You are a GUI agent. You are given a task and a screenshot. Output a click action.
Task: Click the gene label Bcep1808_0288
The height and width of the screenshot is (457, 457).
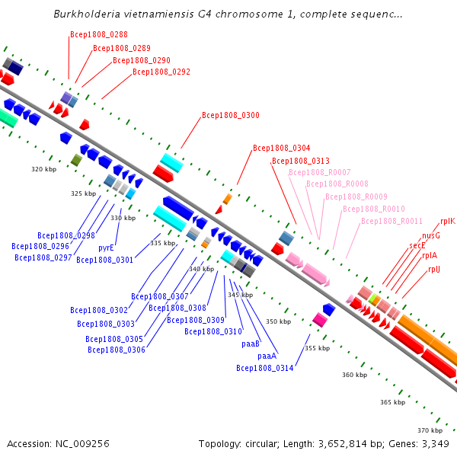pos(99,34)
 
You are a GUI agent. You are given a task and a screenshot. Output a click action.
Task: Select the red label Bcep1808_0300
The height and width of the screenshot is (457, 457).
pos(231,115)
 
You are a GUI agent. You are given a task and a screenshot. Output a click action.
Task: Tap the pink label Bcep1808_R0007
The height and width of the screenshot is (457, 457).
pos(320,172)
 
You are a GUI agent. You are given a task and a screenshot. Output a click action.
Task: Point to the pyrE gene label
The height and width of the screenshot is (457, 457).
pos(106,248)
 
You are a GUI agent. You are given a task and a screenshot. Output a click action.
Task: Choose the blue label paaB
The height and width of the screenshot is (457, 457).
pos(251,344)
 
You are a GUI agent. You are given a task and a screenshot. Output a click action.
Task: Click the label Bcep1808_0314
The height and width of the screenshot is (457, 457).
pos(265,368)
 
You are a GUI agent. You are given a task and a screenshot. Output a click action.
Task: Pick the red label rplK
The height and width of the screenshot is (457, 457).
pos(448,221)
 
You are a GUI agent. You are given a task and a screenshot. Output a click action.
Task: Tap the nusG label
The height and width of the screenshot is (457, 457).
pos(431,235)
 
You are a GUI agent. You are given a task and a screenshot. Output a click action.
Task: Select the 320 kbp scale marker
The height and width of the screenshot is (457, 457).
pos(44,169)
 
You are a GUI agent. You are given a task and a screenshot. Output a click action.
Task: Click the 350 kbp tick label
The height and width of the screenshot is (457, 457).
pos(278,321)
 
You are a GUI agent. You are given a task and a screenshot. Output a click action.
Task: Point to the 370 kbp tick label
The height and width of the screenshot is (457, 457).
pos(430,430)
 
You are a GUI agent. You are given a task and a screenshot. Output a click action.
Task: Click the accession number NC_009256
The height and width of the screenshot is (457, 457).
pos(82,444)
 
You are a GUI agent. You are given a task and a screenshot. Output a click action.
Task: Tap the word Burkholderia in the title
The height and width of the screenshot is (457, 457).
pos(87,14)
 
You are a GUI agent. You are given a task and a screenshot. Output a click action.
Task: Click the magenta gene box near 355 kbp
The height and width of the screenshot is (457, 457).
pos(320,320)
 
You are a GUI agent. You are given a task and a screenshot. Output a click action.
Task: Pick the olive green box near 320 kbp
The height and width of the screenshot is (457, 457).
pos(77,160)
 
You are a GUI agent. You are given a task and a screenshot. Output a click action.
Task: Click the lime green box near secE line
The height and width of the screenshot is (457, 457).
pos(372,298)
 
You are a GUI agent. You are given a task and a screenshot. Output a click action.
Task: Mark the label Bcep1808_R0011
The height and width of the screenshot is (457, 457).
pos(391,221)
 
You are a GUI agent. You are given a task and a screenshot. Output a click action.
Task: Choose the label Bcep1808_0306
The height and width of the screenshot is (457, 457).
pos(117,350)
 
